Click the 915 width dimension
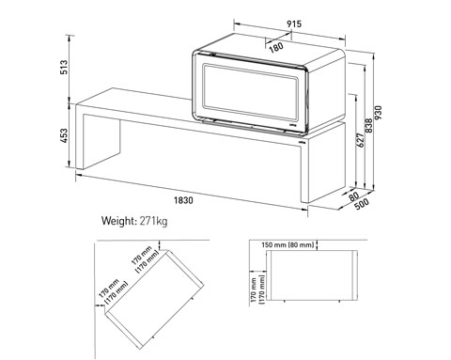[x=294, y=24]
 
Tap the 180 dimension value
[x=276, y=47]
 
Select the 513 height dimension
[x=64, y=67]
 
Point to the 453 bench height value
[x=64, y=135]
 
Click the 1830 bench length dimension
[x=183, y=200]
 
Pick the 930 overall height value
[x=379, y=113]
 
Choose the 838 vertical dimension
[x=369, y=126]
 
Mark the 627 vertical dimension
[x=361, y=140]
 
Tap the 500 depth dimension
[x=362, y=204]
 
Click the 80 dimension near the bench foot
[x=353, y=196]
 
